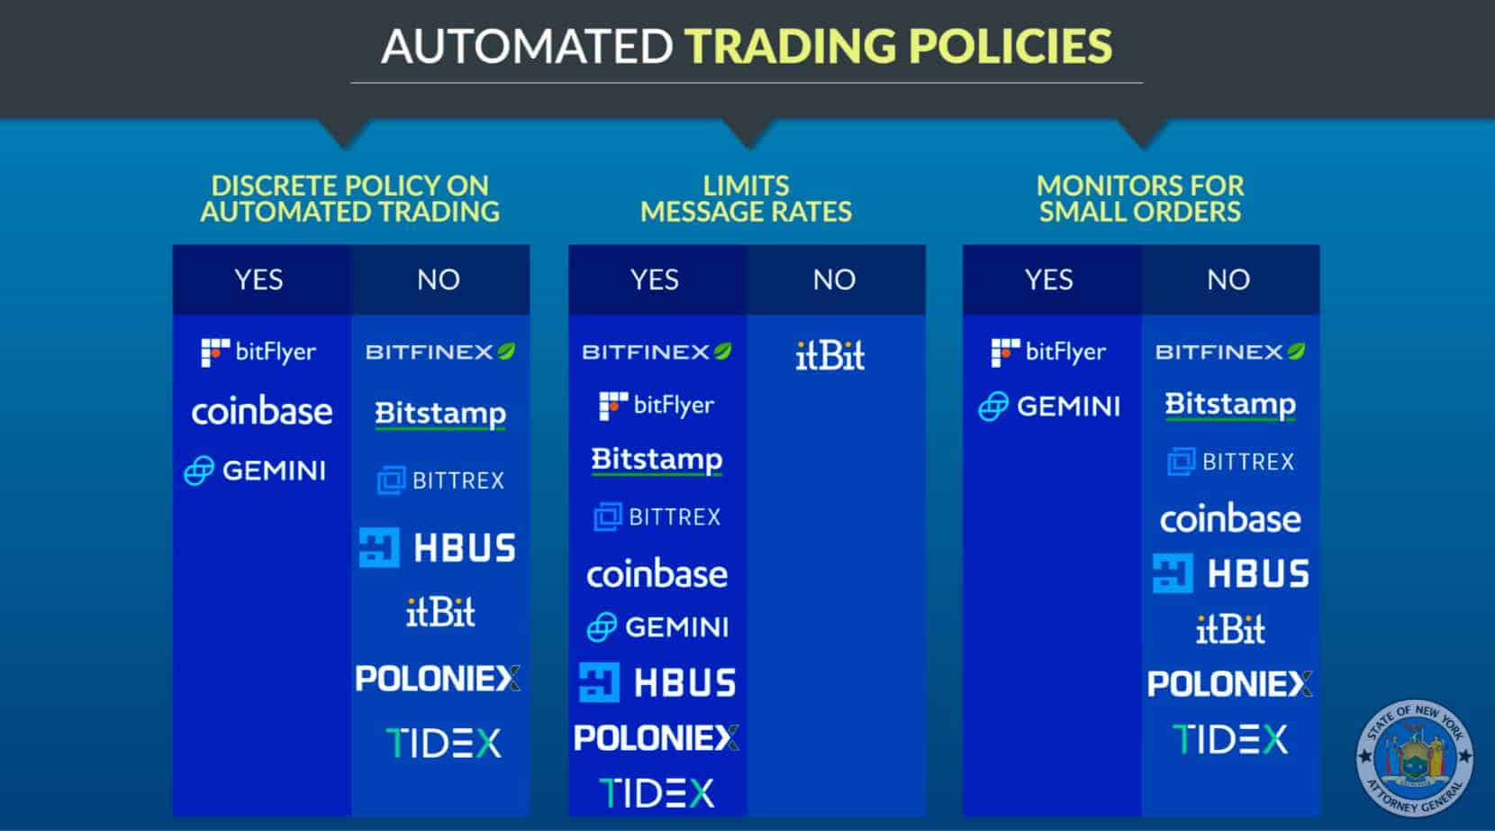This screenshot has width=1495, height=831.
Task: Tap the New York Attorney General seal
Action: (x=1415, y=757)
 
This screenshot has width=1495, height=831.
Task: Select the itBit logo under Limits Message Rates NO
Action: (x=829, y=355)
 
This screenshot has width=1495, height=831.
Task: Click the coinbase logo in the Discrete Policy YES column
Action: (x=261, y=411)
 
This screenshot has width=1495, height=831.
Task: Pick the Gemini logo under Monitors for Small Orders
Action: (x=1049, y=406)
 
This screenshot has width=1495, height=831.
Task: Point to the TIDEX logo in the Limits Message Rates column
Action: (x=657, y=793)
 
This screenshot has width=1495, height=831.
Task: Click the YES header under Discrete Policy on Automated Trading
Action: (x=259, y=279)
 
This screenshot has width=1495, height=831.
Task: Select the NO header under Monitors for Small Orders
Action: (x=1228, y=279)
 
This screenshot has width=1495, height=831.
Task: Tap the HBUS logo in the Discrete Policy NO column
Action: (x=438, y=547)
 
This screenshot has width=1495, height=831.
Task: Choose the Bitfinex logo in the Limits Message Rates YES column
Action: (x=657, y=352)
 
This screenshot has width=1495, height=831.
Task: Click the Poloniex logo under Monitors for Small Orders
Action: (x=1229, y=683)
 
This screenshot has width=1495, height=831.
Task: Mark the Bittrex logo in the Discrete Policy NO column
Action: (x=440, y=479)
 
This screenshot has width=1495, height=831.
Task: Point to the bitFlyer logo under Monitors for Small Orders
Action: (x=1048, y=352)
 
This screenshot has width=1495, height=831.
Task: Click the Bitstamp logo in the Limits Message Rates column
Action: (x=657, y=461)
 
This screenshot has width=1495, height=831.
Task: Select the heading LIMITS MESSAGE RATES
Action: (x=747, y=198)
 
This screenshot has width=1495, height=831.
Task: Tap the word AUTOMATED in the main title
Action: (x=527, y=46)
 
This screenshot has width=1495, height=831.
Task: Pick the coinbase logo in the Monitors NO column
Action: (x=1230, y=518)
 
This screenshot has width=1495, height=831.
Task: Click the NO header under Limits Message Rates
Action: (x=834, y=279)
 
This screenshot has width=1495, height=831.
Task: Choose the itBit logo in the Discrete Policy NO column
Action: (x=440, y=612)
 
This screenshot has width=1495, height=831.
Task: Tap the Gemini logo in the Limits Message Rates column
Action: (x=657, y=626)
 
